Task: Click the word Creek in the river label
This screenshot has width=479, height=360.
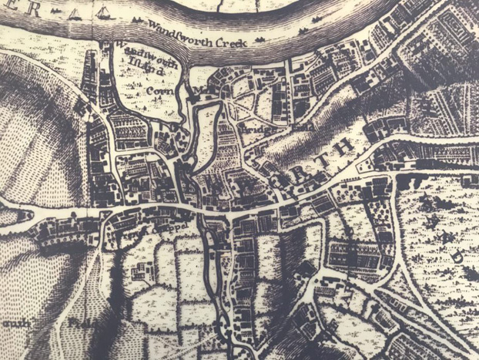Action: pos(229,42)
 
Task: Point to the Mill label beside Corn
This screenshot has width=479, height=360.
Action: pos(203,89)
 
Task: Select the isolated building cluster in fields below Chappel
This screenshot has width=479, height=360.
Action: pos(142,272)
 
